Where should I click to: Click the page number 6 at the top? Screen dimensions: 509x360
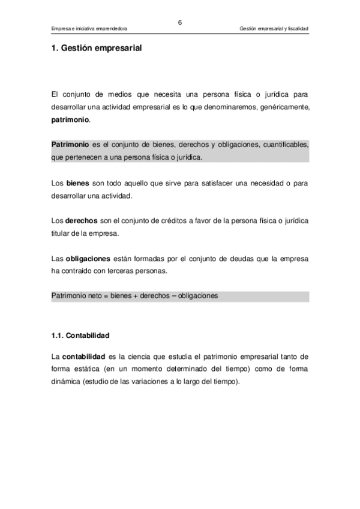pyautogui.click(x=179, y=22)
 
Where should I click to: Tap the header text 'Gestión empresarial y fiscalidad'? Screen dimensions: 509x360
pyautogui.click(x=274, y=29)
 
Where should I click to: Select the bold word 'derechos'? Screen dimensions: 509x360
pyautogui.click(x=82, y=221)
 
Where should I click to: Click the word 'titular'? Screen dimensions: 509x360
pyautogui.click(x=62, y=233)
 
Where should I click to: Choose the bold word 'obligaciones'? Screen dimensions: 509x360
pyautogui.click(x=88, y=259)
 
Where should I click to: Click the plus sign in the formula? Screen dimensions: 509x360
pyautogui.click(x=131, y=297)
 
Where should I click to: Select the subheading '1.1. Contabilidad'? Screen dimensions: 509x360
pyautogui.click(x=80, y=334)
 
